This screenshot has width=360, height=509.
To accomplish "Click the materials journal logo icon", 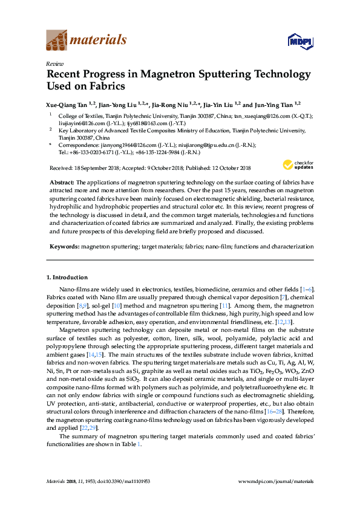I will point(57,41).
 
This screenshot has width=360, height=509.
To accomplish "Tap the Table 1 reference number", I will point(139,444).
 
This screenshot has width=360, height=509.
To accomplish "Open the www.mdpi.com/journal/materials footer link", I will point(277,481).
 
